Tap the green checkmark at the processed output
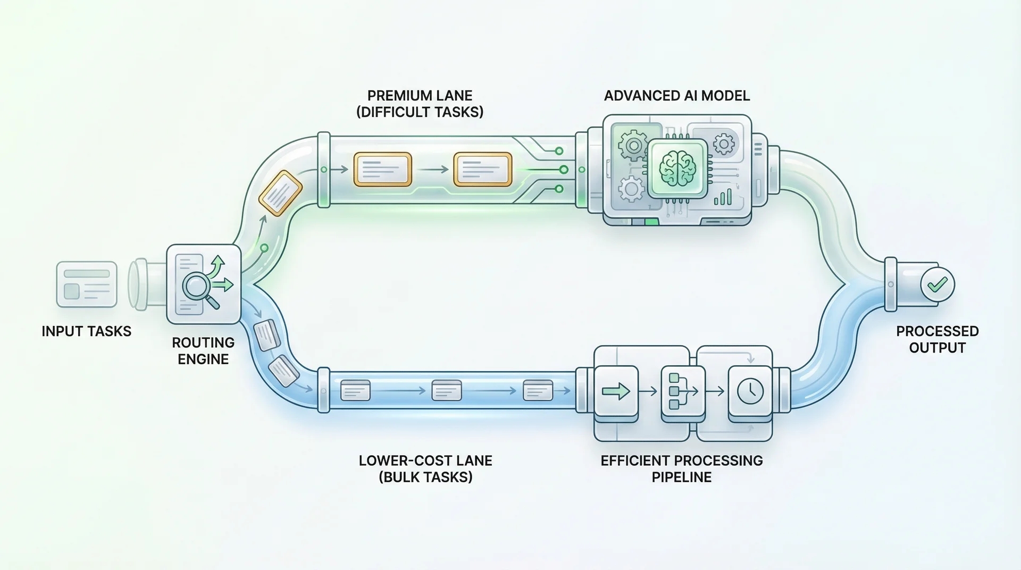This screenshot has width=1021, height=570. coord(937,284)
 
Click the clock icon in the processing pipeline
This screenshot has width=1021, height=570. coord(750,391)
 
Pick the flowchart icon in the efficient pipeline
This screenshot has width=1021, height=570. coord(682,391)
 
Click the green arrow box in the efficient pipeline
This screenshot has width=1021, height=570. coord(616,391)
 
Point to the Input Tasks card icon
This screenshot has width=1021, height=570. coord(87,284)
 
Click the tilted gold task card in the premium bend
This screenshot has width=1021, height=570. coord(280,192)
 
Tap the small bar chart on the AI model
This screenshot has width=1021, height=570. coord(723,198)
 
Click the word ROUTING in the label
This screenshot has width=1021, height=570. coord(203,342)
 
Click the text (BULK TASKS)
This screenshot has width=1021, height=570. coord(425,477)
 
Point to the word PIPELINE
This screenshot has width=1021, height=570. coord(681,477)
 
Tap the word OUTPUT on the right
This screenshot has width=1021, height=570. coord(937,348)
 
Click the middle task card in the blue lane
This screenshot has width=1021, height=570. coord(447,390)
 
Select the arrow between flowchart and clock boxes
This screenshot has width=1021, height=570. coord(717,392)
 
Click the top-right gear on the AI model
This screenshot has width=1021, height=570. coord(723,144)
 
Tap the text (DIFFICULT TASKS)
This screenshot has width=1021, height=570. coord(420,112)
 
